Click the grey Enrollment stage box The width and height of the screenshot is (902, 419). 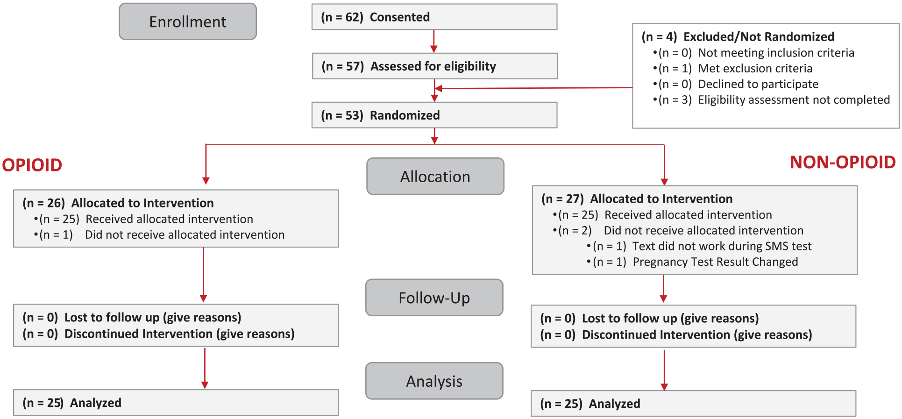pyautogui.click(x=188, y=21)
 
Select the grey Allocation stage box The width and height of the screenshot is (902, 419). pyautogui.click(x=435, y=176)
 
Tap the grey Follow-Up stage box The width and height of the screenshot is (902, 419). pyautogui.click(x=434, y=298)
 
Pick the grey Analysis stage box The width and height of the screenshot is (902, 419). pyautogui.click(x=434, y=381)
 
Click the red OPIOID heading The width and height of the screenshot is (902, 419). pyautogui.click(x=32, y=165)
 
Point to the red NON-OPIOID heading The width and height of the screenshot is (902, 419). pyautogui.click(x=843, y=162)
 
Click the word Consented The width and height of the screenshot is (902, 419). pyautogui.click(x=400, y=17)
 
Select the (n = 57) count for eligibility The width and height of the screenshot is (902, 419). pyautogui.click(x=342, y=66)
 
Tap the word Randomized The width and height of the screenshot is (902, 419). pyautogui.click(x=405, y=115)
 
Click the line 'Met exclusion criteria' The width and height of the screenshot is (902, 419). pyautogui.click(x=755, y=69)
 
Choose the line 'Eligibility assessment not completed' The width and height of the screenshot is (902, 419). pyautogui.click(x=794, y=100)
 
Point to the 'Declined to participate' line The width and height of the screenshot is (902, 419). pyautogui.click(x=758, y=84)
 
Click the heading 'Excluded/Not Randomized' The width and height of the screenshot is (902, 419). pyautogui.click(x=759, y=37)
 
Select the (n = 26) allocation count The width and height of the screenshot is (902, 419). pyautogui.click(x=43, y=203)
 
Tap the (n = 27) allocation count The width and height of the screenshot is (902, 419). pyautogui.click(x=562, y=199)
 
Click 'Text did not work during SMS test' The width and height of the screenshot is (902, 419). pyautogui.click(x=722, y=246)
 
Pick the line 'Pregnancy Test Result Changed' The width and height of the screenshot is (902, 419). pyautogui.click(x=715, y=262)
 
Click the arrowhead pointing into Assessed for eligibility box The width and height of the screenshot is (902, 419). pyautogui.click(x=434, y=49)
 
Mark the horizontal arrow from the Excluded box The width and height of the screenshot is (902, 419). pyautogui.click(x=534, y=88)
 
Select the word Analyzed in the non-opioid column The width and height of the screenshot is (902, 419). pyautogui.click(x=615, y=404)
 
